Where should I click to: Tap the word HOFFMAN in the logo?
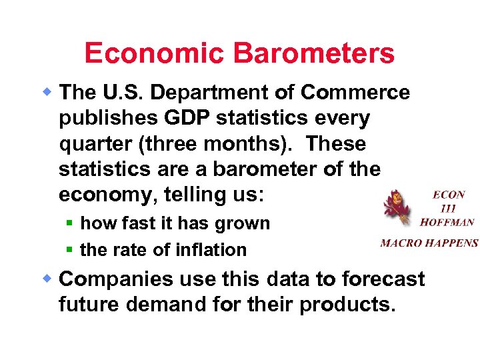click(x=447, y=222)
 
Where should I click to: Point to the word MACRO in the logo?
click(x=400, y=243)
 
